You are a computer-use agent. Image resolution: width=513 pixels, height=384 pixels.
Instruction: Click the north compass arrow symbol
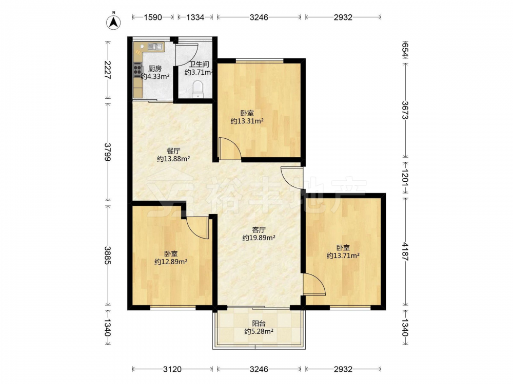(x=113, y=22)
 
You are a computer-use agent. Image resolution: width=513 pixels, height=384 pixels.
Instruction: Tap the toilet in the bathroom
(x=198, y=89)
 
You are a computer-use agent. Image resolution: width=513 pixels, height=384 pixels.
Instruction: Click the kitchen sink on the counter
(x=155, y=47)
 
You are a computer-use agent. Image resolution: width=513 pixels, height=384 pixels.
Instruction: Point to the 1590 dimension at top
(x=153, y=17)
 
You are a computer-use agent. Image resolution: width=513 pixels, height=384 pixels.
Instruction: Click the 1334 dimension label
(x=195, y=17)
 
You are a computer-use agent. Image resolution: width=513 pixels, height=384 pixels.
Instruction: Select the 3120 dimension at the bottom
(x=172, y=369)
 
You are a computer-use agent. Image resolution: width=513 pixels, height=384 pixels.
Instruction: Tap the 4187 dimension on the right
(x=406, y=251)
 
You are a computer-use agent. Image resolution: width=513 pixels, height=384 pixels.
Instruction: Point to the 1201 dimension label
(x=406, y=178)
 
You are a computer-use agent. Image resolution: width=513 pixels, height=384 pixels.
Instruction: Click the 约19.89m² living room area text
(x=259, y=238)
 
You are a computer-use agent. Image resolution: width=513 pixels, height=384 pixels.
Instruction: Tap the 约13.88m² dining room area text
(x=173, y=159)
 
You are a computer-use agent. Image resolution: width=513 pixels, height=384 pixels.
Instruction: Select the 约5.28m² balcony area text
(x=259, y=331)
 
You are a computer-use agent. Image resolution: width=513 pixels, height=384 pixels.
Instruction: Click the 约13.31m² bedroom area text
(x=247, y=121)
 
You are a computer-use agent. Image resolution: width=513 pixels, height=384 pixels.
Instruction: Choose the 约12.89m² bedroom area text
(x=171, y=262)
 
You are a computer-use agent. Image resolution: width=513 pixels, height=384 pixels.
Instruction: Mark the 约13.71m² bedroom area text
(x=343, y=255)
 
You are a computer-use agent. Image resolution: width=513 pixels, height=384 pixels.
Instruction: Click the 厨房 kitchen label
(x=155, y=69)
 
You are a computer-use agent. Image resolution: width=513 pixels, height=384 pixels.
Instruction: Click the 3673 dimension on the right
(x=406, y=110)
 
